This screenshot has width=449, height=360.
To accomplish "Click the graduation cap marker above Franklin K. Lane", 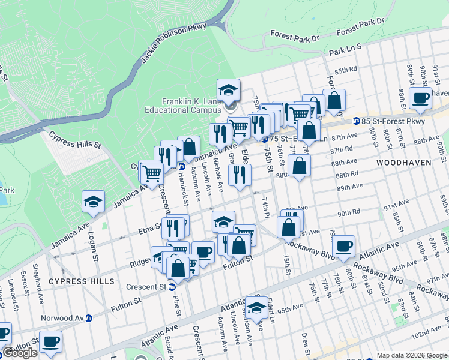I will click(x=228, y=91).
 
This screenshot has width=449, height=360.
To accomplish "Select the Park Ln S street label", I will click(x=345, y=49).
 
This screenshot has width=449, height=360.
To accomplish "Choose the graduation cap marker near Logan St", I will click(x=93, y=202).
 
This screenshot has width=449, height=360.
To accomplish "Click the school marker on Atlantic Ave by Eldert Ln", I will click(x=257, y=308).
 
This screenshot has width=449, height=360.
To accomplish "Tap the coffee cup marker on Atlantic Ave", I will click(x=343, y=246).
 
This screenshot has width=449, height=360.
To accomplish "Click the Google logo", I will click(x=20, y=353).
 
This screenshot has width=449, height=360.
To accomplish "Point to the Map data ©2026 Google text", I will click(x=411, y=355).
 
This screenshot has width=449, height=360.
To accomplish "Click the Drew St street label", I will click(x=305, y=344).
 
